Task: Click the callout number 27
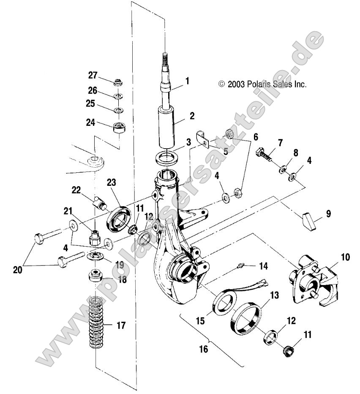[93, 76]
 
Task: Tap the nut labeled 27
[118, 81]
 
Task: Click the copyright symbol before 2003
[222, 84]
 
